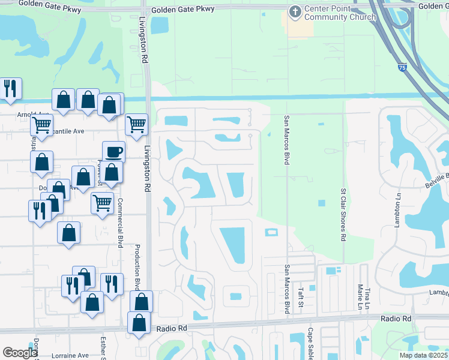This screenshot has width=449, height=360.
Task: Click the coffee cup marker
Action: pyautogui.click(x=113, y=152)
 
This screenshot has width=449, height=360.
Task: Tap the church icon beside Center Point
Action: pyautogui.click(x=295, y=11)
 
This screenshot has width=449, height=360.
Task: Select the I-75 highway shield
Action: pyautogui.click(x=401, y=69)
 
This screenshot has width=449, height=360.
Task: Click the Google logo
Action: pyautogui.click(x=20, y=353)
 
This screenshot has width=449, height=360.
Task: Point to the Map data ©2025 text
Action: pyautogui.click(x=423, y=355)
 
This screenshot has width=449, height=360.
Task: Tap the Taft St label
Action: pyautogui.click(x=301, y=296)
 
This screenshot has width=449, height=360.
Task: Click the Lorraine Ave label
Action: pyautogui.click(x=70, y=355)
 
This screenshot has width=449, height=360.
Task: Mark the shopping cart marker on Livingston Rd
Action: pyautogui.click(x=137, y=124)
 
